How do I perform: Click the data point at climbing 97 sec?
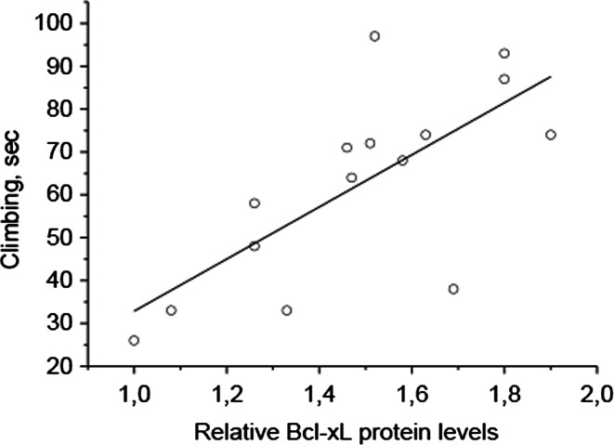point(374,36)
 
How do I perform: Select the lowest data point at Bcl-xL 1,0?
point(134,341)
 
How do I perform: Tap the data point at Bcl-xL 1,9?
point(550,135)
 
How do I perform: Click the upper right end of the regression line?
point(551,77)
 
